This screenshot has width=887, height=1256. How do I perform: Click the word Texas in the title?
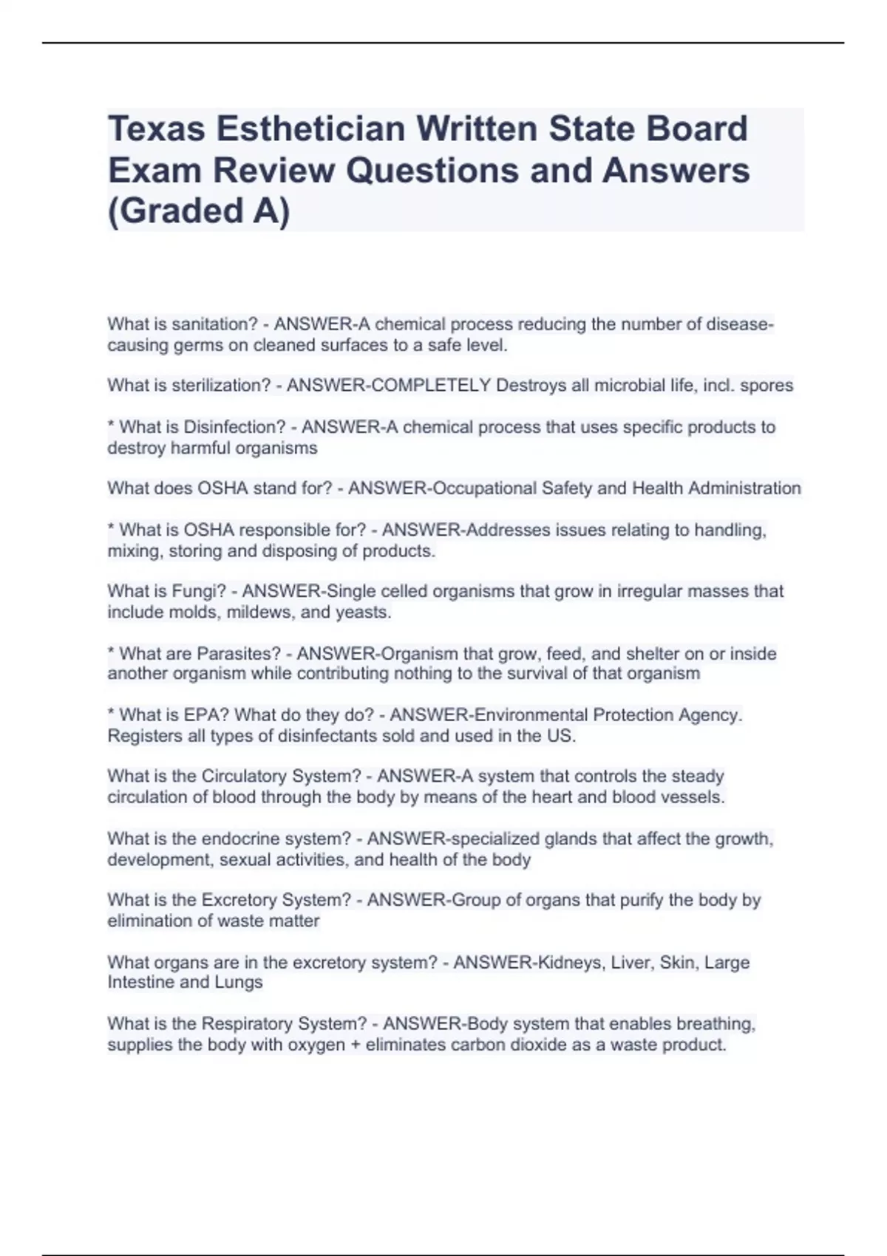click(156, 129)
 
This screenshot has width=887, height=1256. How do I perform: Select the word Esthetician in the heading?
click(310, 129)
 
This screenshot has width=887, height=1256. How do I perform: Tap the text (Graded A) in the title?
click(199, 211)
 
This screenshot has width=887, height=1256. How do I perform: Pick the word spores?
click(767, 386)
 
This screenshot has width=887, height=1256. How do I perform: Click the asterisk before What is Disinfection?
click(111, 426)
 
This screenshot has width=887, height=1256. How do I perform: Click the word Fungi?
click(199, 591)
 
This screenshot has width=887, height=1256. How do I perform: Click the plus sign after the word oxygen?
click(355, 1045)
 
